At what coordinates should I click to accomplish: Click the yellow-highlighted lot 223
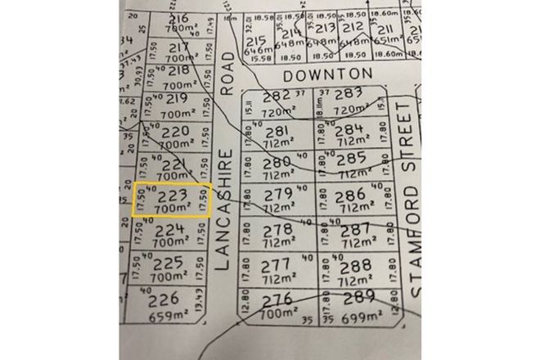(x=172, y=200)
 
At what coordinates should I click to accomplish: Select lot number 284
(x=349, y=129)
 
